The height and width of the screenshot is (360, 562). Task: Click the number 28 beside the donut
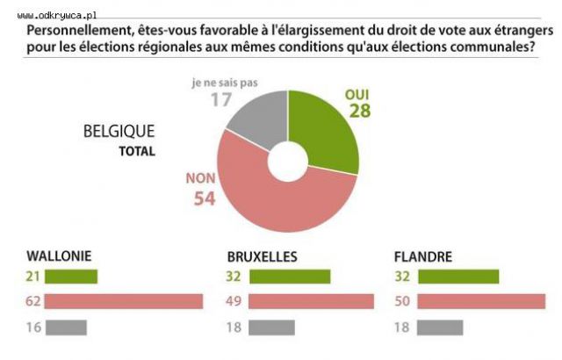(359, 111)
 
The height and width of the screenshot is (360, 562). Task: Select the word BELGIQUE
(119, 132)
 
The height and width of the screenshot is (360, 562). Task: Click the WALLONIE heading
(61, 257)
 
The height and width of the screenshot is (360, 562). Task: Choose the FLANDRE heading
(424, 257)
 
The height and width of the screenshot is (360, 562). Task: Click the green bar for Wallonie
(71, 277)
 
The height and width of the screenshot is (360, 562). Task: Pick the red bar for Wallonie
(124, 302)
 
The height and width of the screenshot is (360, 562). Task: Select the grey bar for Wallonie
(65, 328)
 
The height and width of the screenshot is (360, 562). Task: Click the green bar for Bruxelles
(290, 277)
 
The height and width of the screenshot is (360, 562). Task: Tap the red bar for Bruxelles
(312, 302)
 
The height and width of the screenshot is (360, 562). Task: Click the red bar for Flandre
(481, 302)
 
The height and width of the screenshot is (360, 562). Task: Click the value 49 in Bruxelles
(235, 302)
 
